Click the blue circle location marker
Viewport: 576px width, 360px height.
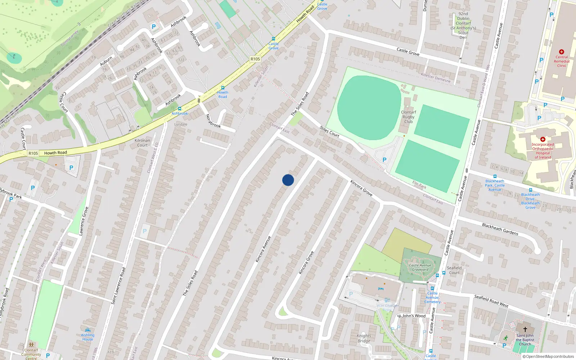click(288, 180)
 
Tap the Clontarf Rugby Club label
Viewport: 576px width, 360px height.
click(408, 117)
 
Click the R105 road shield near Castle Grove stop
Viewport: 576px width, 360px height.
click(255, 59)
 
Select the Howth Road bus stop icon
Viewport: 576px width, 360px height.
click(222, 88)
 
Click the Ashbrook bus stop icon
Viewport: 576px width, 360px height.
click(179, 109)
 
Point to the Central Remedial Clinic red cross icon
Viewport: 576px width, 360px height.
click(561, 52)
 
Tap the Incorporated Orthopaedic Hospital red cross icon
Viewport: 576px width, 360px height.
click(543, 139)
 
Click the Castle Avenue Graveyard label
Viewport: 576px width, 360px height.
click(420, 267)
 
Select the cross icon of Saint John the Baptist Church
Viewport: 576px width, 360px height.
click(525, 329)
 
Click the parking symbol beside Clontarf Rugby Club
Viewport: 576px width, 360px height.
click(384, 160)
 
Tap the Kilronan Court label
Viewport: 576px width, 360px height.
click(142, 143)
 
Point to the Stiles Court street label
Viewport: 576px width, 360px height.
click(329, 132)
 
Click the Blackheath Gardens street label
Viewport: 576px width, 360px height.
click(500, 229)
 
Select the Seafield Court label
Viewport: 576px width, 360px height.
click(454, 270)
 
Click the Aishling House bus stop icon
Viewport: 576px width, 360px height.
click(87, 330)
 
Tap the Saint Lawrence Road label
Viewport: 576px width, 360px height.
click(118, 286)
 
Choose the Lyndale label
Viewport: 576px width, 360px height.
click(181, 125)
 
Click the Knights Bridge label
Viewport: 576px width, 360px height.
click(364, 338)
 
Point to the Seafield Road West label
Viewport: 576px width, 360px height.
click(491, 301)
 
